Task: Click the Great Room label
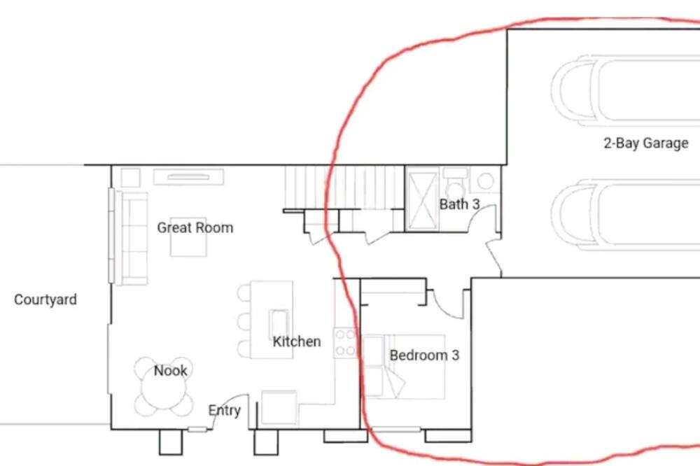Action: [195, 227]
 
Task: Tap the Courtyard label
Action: [45, 299]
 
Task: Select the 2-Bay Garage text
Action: [646, 143]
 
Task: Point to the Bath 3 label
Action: [459, 204]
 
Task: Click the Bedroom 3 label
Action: [424, 355]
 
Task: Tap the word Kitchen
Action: [297, 341]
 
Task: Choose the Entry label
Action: [225, 410]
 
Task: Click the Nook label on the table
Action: [171, 370]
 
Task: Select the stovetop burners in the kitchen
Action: [346, 343]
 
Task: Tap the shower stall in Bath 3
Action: [422, 199]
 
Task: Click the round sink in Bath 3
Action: [486, 181]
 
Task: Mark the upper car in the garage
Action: [625, 90]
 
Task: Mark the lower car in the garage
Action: [625, 213]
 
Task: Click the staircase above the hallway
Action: [344, 188]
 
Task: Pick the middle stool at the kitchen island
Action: [244, 321]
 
